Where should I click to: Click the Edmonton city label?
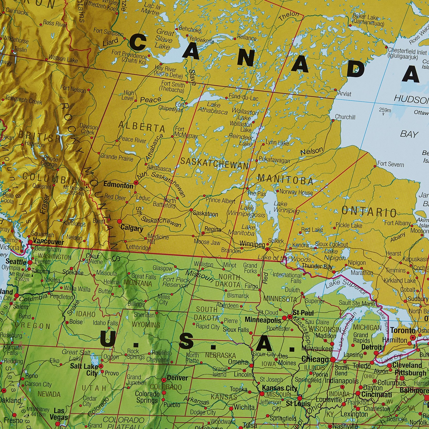[118, 185]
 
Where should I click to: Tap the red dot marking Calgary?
[119, 221]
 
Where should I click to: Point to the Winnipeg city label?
[252, 244]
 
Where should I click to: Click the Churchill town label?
[345, 117]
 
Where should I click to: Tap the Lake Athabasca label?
[213, 108]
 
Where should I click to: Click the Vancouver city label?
[48, 242]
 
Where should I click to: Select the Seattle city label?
[16, 262]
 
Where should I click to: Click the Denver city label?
[177, 378]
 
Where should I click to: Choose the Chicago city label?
[315, 359]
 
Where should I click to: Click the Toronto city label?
[403, 330]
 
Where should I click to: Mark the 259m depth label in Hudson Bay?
[385, 110]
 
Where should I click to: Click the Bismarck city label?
[238, 296]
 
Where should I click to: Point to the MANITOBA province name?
[285, 179]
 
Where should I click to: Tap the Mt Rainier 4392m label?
[19, 277]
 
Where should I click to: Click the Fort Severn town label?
[391, 164]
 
